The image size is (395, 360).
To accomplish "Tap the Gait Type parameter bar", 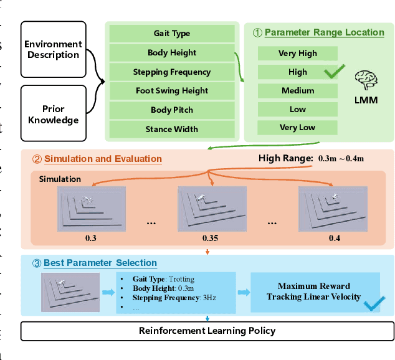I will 172,34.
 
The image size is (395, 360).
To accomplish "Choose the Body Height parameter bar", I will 172,53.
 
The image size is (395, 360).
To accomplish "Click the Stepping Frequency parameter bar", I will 172,72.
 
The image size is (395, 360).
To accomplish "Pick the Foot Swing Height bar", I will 172,91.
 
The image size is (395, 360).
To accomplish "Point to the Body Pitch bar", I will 172,110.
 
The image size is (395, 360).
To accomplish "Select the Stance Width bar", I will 172,130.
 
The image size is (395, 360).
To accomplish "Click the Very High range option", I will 297,54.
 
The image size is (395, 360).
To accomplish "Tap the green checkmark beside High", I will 335,72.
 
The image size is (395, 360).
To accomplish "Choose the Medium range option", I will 297,91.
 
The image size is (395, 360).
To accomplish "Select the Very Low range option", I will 297,128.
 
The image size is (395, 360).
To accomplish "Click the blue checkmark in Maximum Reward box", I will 373,304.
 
